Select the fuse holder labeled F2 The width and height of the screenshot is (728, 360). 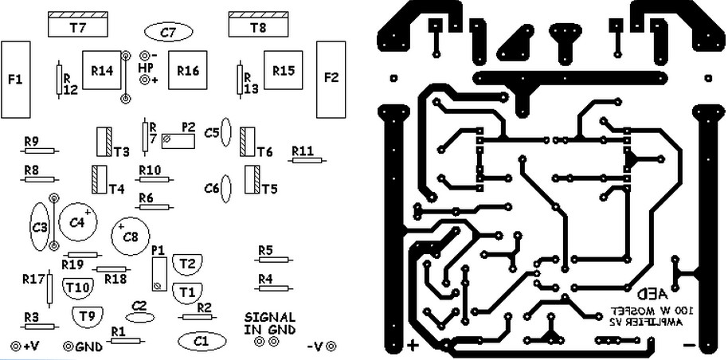[x=331, y=78]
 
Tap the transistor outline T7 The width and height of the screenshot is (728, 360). [x=78, y=25]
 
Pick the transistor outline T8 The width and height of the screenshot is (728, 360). [x=258, y=25]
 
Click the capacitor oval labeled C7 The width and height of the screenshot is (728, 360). [x=166, y=33]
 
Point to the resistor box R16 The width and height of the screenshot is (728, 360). [x=188, y=71]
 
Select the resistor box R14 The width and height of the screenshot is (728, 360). [x=102, y=71]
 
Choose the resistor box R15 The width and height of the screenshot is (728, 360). [x=284, y=71]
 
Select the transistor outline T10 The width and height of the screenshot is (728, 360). [x=77, y=287]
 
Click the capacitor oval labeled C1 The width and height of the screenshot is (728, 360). [x=199, y=341]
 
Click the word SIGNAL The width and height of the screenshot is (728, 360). [x=270, y=317]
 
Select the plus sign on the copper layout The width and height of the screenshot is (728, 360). [x=413, y=346]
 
